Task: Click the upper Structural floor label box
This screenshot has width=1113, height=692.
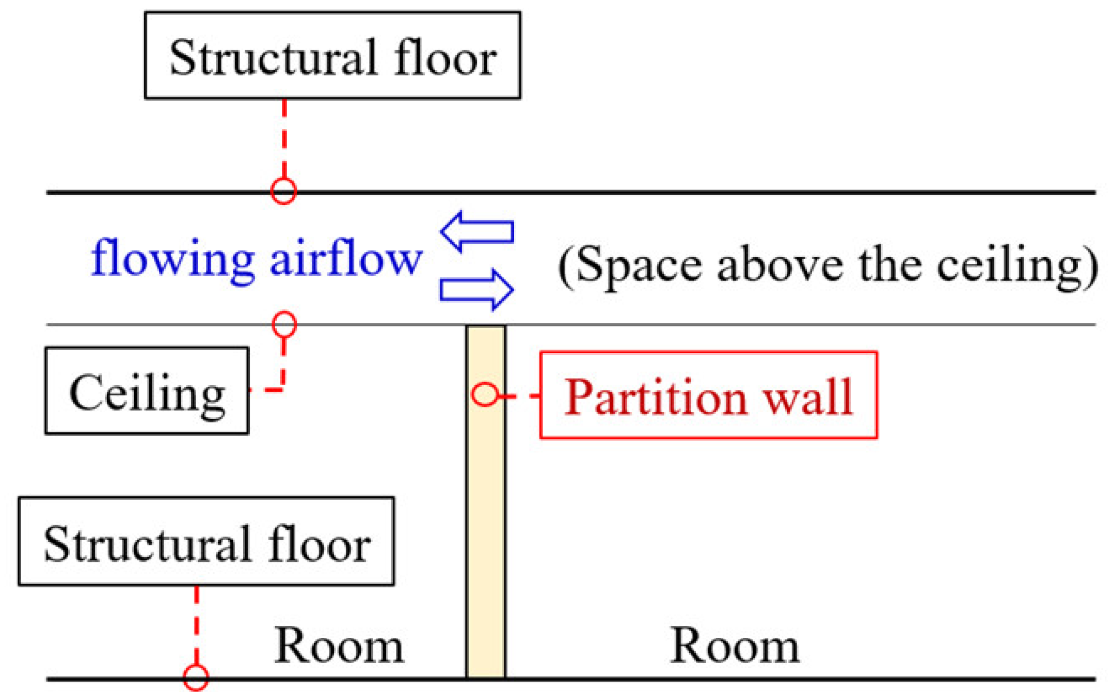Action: pos(332,55)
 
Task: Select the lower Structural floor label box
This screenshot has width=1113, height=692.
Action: pos(206,541)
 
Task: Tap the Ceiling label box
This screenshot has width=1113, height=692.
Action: pos(147,391)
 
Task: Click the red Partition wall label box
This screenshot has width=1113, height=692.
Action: pos(708,396)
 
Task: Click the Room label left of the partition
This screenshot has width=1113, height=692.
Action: pos(339,646)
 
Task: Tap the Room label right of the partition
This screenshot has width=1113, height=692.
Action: pos(735,646)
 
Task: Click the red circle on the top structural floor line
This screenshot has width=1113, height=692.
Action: pos(283,191)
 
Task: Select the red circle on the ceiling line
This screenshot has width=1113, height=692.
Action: pos(284,324)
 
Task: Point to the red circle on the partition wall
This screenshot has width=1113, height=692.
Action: pos(485,395)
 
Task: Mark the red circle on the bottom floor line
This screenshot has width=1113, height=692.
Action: pos(196,678)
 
